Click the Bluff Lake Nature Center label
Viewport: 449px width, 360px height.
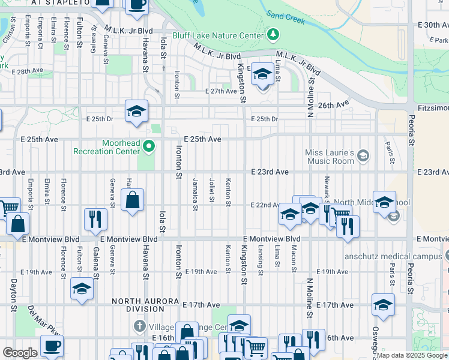pos(218,35)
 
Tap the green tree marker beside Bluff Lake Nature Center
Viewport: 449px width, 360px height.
pos(274,35)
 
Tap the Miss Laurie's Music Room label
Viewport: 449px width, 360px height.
pos(330,157)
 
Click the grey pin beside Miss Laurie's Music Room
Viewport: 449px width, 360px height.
pos(363,156)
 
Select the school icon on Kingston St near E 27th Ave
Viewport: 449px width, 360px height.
pos(262,74)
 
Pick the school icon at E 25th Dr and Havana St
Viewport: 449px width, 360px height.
pos(137,111)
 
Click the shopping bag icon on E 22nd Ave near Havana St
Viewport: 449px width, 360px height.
pos(133,200)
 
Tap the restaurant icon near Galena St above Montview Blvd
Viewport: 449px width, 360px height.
pos(96,220)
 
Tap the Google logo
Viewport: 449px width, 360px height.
pos(19,353)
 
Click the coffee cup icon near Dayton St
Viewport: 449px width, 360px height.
pos(52,347)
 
